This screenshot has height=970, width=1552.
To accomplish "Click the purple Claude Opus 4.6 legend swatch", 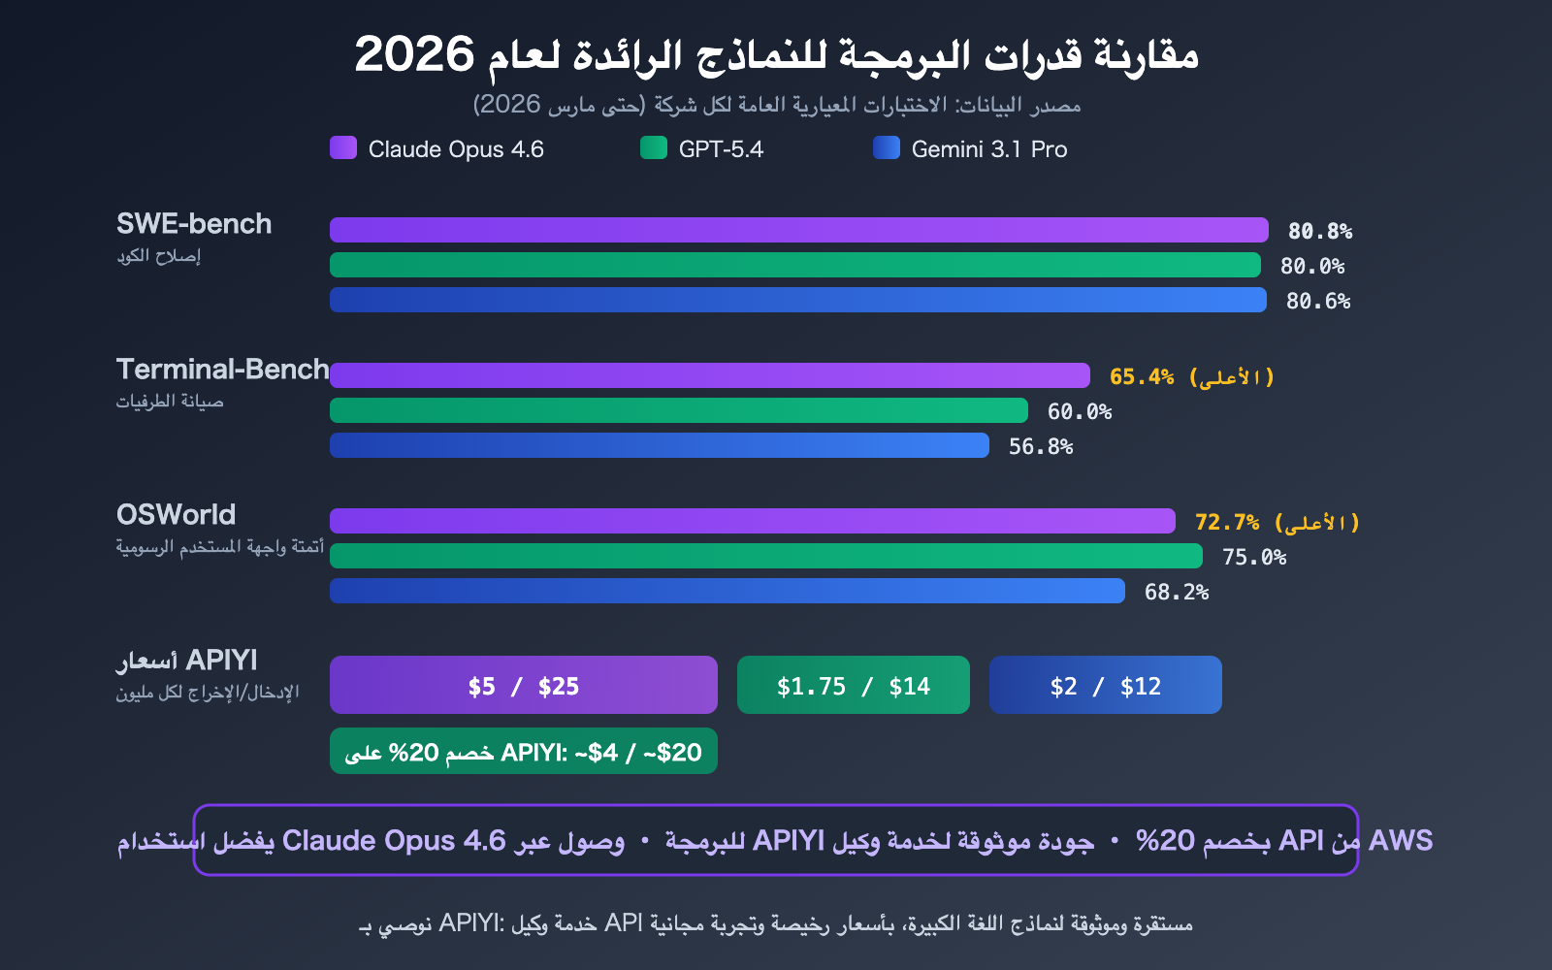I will coord(343,147).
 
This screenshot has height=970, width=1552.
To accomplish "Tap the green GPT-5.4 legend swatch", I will coord(654,147).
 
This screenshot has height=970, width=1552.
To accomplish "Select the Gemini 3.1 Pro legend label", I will coord(988,149).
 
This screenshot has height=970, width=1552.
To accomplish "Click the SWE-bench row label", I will coord(194,224).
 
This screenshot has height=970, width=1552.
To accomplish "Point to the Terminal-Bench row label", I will coord(222,370).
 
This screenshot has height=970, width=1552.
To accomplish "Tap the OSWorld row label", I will coord(176,515).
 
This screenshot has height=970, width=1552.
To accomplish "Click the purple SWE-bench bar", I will coord(798,230).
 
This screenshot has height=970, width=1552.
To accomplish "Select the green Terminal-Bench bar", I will coord(678,410).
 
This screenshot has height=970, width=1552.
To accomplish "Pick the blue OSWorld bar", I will coord(727,591).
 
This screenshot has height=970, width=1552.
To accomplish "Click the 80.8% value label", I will coord(1319,231).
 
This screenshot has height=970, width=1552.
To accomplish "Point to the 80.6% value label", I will coord(1317,301).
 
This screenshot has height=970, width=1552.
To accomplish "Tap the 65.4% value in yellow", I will coord(1142,376).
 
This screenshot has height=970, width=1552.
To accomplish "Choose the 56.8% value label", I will coord(1040,446).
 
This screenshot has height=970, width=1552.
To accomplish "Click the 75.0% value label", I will coord(1253,557).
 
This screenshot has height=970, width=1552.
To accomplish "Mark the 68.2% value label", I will coord(1176,592).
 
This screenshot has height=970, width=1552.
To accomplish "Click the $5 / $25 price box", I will coord(523,686).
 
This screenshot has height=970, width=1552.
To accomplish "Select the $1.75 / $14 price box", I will coord(853,686).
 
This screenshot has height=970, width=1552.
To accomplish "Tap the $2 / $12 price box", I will coord(1105,686).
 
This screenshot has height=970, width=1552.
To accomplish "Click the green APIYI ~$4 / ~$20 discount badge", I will coord(523,752).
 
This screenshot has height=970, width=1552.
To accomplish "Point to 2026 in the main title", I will coord(414,54).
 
